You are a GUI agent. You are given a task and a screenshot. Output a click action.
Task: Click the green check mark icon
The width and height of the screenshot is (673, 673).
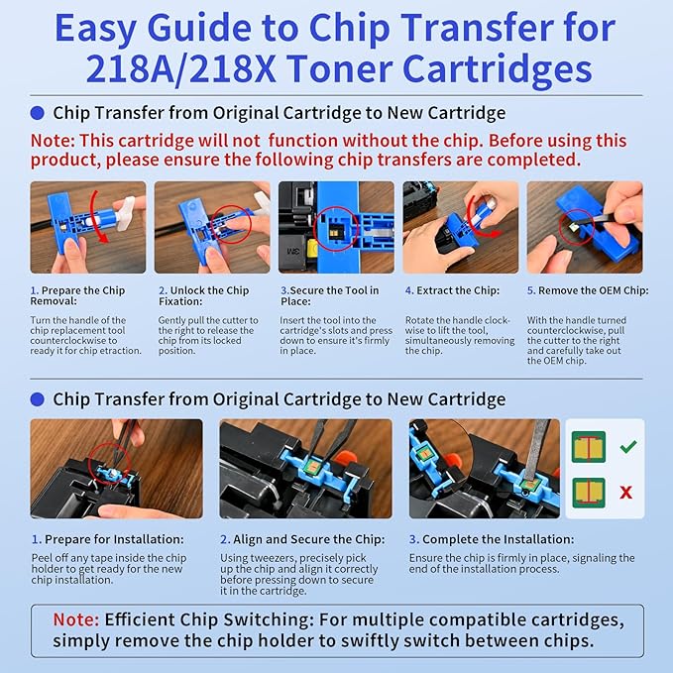pos(627,447)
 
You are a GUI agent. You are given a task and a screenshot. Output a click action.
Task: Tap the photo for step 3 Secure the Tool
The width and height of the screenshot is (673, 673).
pos(336,227)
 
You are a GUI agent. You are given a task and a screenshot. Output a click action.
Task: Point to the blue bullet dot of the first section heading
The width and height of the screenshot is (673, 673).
pos(38,113)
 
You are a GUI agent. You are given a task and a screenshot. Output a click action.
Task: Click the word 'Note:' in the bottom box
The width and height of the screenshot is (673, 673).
pos(75,619)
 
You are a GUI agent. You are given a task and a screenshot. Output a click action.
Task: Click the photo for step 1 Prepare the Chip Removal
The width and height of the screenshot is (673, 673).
pos(87,227)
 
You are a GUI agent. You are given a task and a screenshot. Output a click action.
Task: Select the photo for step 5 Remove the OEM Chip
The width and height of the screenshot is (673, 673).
pos(584,227)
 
